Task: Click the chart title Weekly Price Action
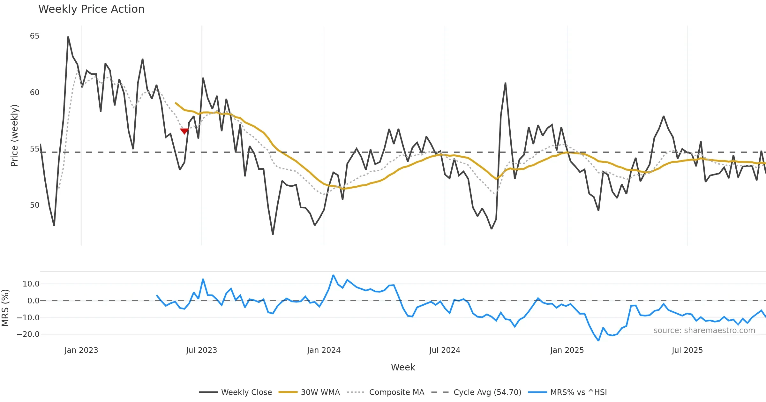(x=91, y=9)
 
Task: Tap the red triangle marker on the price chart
(x=184, y=131)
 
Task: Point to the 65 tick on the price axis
(x=34, y=36)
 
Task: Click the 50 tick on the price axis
(x=34, y=205)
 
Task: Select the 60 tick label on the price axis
(x=34, y=93)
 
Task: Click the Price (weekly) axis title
(x=15, y=136)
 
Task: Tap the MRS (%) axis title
(x=5, y=308)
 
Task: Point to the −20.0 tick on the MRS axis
(x=28, y=334)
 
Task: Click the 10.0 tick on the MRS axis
(x=31, y=284)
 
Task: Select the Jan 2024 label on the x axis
(x=324, y=350)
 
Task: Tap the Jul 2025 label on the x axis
(x=687, y=350)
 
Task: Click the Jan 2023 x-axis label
(x=81, y=350)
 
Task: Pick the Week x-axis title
(x=403, y=368)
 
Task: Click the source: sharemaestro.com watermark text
(x=704, y=331)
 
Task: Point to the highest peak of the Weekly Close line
(x=68, y=37)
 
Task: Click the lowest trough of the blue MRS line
(x=598, y=340)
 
